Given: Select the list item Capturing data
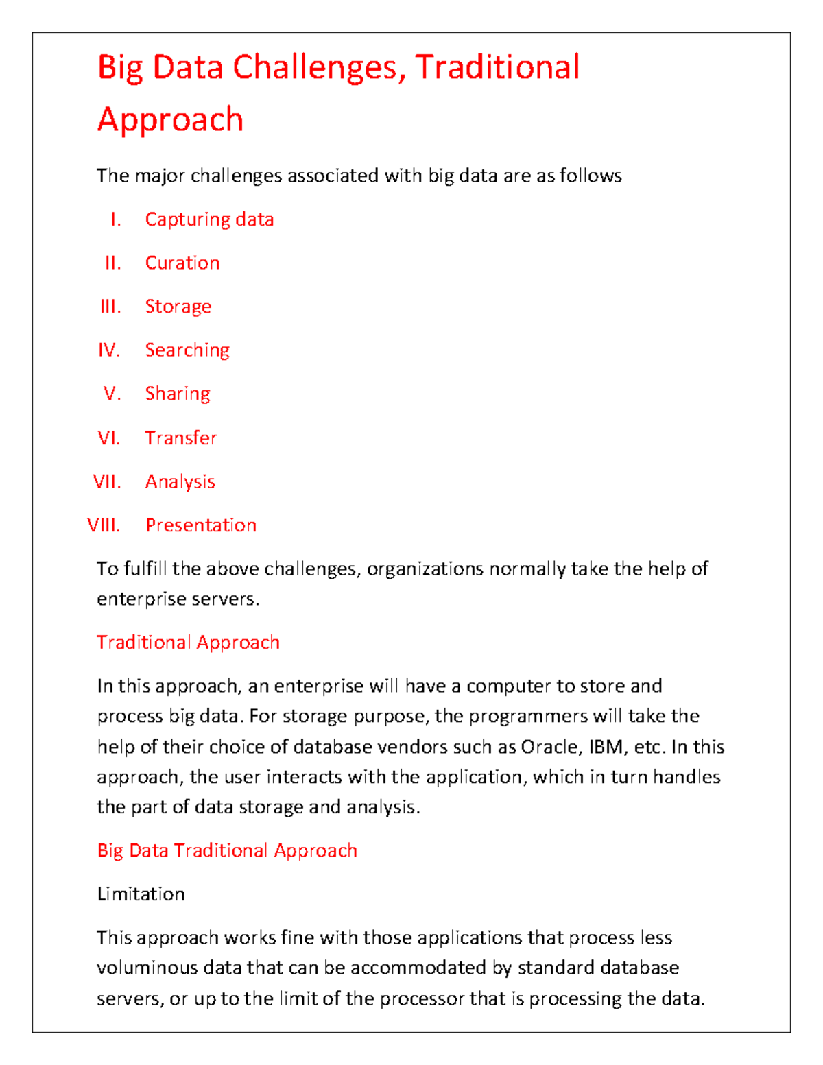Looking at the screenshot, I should pyautogui.click(x=209, y=219).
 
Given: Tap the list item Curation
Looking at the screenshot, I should pyautogui.click(x=182, y=263).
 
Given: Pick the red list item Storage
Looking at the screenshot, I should pyautogui.click(x=178, y=307).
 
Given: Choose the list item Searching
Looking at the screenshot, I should pyautogui.click(x=187, y=350).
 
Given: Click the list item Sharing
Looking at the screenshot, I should pyautogui.click(x=178, y=394).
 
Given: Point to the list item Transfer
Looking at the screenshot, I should pyautogui.click(x=181, y=438).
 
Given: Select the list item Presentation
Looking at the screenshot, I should pyautogui.click(x=201, y=525).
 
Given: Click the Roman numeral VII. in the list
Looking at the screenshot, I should pyautogui.click(x=107, y=481).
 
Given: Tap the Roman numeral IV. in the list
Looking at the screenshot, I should pyautogui.click(x=109, y=350).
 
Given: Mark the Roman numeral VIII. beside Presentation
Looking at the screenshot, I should pyautogui.click(x=104, y=525).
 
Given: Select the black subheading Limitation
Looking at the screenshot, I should pyautogui.click(x=141, y=894).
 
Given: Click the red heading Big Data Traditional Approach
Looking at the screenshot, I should pyautogui.click(x=227, y=850).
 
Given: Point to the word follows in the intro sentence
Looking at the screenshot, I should pyautogui.click(x=591, y=176).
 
